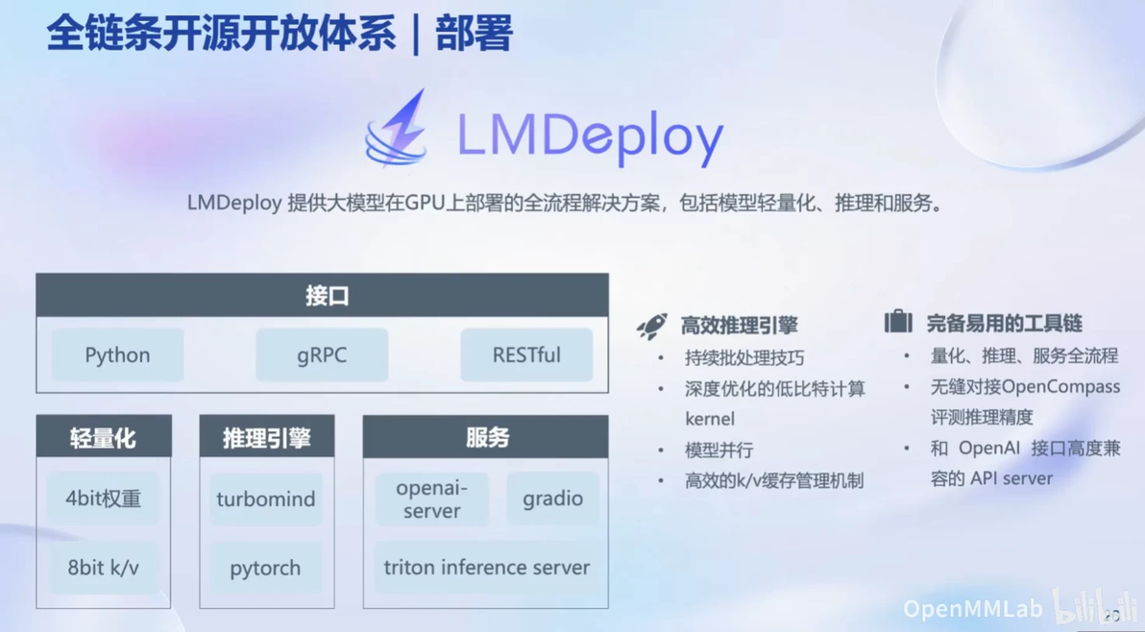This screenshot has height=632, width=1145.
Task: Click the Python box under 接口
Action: point(117,354)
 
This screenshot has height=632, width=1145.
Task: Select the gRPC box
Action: point(322,354)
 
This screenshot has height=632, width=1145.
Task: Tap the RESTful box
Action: point(526,354)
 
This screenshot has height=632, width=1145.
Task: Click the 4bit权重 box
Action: point(103,498)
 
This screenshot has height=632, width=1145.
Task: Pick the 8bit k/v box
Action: point(103,567)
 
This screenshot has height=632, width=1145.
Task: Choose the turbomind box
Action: point(266,498)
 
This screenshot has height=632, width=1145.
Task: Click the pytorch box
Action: point(266,567)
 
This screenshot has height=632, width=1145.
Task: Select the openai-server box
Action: point(431,499)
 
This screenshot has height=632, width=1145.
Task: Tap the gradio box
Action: point(552,498)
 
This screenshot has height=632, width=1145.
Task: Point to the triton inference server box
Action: point(487,567)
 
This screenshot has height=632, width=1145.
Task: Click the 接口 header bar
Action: point(322,296)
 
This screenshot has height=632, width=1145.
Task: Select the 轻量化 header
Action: point(104,436)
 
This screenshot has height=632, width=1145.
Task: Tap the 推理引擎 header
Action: point(266,436)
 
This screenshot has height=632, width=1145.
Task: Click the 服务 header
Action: point(486,436)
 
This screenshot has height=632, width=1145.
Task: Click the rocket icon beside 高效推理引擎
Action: point(652,327)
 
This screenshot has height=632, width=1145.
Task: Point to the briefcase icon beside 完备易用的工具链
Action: point(898,321)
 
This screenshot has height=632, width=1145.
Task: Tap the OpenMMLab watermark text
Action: point(973,609)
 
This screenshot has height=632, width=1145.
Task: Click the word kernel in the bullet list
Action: point(710,419)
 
